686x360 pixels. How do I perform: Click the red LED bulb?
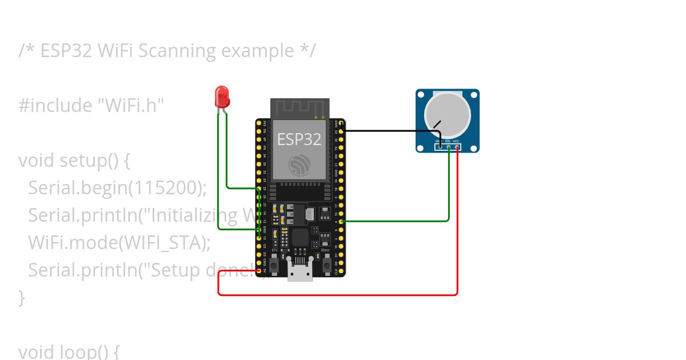222,97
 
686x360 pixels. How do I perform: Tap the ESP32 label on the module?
299,139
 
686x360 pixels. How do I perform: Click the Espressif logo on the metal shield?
300,165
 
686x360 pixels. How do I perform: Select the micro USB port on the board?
300,274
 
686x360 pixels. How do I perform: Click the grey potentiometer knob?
447,113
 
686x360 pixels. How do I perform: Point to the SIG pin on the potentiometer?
449,147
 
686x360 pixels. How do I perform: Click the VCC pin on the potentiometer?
457,147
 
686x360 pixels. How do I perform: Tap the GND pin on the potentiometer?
440,147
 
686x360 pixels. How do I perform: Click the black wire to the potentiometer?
389,131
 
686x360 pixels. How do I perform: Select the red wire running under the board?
343,295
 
